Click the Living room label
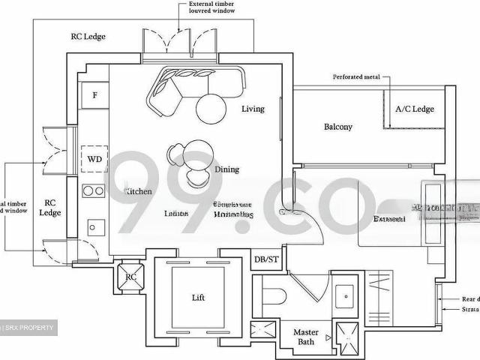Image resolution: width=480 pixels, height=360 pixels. coord(253,109)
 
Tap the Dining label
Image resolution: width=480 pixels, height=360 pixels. coord(227,169)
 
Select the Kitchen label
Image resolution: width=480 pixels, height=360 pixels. coord(139,192)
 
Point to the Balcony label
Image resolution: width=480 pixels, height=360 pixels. coord(337,127)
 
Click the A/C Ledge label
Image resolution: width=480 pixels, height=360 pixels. coord(414,109)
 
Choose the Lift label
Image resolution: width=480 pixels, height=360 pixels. coord(198,298)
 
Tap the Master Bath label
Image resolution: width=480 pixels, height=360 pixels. coord(306,337)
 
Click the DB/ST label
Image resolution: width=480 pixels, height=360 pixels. coord(266,259)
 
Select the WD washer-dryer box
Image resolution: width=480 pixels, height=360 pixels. coord(95,159)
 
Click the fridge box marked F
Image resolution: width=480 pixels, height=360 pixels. coord(94,95)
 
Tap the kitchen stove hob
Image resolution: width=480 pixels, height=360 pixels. coord(94,191)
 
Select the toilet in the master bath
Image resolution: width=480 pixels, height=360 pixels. coord(271,294)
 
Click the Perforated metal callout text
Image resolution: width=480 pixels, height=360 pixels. coord(357,77)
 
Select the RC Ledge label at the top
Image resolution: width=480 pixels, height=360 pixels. coord(88,36)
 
